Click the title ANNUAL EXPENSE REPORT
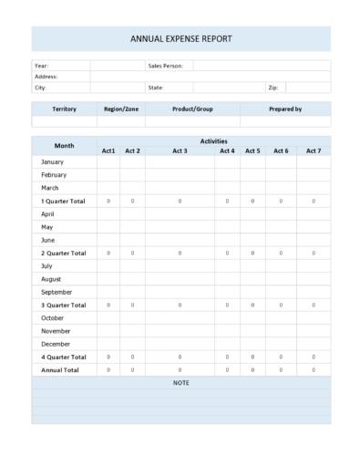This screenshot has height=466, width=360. pyautogui.click(x=180, y=39)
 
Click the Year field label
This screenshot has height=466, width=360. pyautogui.click(x=41, y=66)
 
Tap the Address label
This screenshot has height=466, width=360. pyautogui.click(x=46, y=77)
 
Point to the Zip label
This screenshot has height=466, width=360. pyautogui.click(x=273, y=88)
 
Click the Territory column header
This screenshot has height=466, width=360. pyautogui.click(x=64, y=109)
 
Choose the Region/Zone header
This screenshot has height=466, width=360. pyautogui.click(x=120, y=109)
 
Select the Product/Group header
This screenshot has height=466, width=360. pyautogui.click(x=192, y=109)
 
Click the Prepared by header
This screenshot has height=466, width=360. pyautogui.click(x=285, y=109)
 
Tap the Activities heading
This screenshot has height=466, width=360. pyautogui.click(x=213, y=141)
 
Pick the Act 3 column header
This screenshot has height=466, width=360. pyautogui.click(x=180, y=150)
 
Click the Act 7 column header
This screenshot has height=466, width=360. pyautogui.click(x=314, y=150)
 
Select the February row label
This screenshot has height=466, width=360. pyautogui.click(x=54, y=174)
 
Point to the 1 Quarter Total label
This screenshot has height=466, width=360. pyautogui.click(x=63, y=201)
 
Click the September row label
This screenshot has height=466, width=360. pyautogui.click(x=57, y=292)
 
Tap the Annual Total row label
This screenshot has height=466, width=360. pyautogui.click(x=60, y=370)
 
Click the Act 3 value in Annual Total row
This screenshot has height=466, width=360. pyautogui.click(x=180, y=370)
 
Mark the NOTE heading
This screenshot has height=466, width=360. pyautogui.click(x=180, y=383)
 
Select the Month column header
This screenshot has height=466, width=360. pyautogui.click(x=64, y=146)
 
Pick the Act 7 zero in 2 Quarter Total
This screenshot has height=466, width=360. pyautogui.click(x=314, y=253)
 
